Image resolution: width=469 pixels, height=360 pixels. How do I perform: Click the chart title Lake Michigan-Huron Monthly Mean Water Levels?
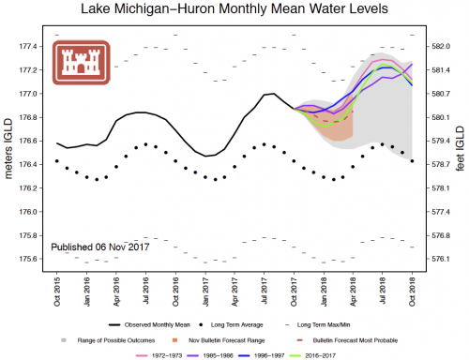pyautogui.click(x=234, y=10)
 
